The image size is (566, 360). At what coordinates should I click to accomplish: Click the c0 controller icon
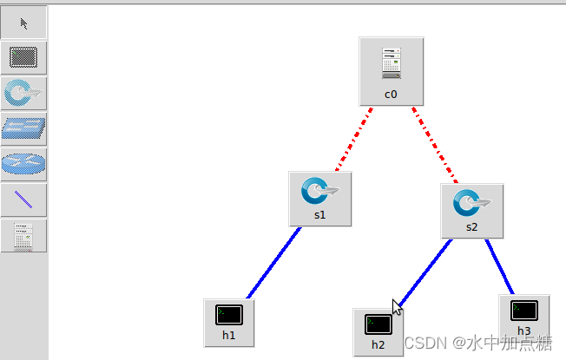(391, 62)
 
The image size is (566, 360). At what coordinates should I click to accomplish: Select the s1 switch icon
(319, 190)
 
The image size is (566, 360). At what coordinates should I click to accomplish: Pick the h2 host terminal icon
(378, 324)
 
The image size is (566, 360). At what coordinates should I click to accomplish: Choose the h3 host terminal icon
(523, 310)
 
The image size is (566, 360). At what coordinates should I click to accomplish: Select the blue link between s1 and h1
(273, 262)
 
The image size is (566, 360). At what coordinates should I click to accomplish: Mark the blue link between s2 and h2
(425, 272)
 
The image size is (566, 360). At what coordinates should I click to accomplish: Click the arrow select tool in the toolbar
(23, 23)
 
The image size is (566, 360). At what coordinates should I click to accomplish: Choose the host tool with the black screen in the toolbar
(23, 58)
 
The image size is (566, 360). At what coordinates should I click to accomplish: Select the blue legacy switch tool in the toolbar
(23, 129)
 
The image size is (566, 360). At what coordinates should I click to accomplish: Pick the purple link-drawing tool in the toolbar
(23, 200)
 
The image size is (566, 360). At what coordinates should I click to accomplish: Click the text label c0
(391, 94)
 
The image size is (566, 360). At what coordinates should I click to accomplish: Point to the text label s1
(319, 214)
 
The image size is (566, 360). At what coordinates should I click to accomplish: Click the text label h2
(378, 344)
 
